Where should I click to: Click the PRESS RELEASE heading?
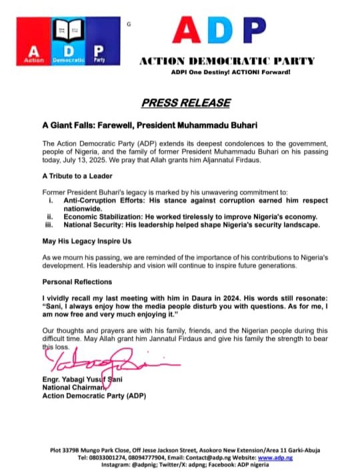click(x=185, y=102)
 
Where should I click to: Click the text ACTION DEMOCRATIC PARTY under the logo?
click(x=226, y=61)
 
